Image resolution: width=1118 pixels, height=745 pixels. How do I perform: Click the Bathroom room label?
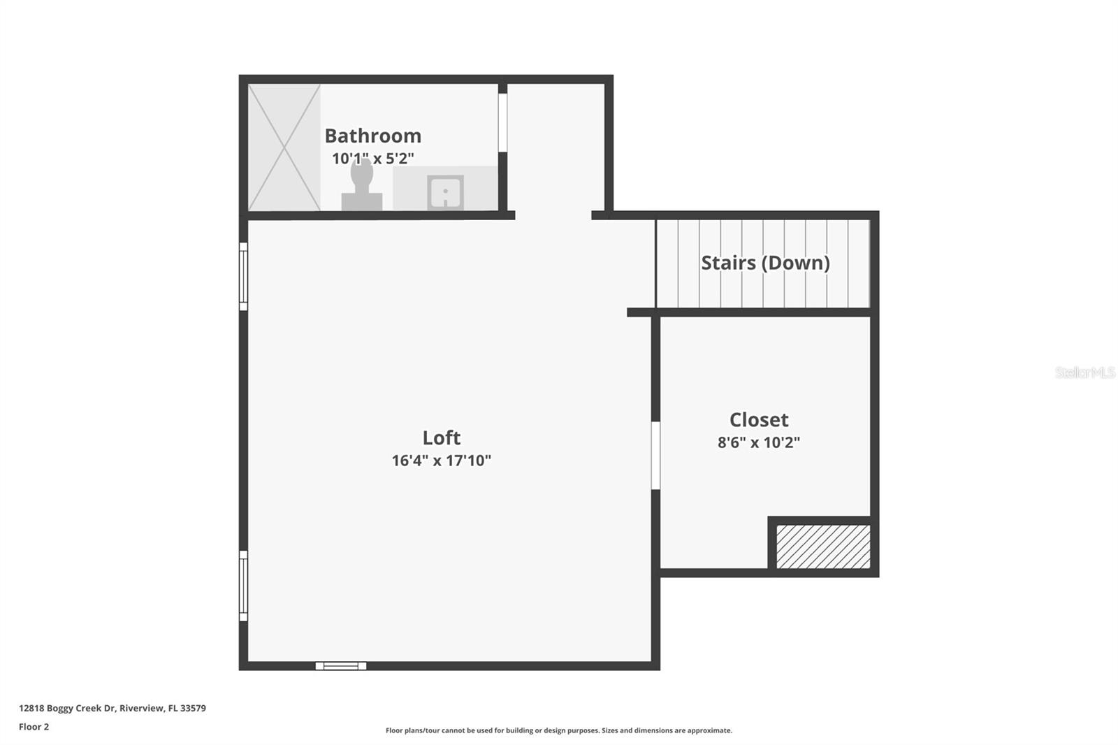click(372, 136)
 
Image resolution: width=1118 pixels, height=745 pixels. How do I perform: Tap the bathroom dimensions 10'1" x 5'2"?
click(372, 159)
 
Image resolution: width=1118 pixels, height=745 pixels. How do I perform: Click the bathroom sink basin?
click(445, 192)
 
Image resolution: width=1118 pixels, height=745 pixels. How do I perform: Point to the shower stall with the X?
click(284, 147)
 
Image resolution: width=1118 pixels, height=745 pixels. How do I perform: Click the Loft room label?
click(441, 437)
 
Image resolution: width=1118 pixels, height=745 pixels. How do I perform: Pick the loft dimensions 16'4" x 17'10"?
click(441, 461)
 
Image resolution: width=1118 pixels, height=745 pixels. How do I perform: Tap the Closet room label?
click(759, 419)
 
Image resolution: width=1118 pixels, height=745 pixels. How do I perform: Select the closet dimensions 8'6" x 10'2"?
click(759, 442)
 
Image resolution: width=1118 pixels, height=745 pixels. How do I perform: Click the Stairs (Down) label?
click(765, 263)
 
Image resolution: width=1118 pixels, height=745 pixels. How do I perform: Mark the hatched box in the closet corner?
click(823, 547)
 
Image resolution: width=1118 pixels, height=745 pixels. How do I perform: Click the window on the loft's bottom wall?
click(341, 666)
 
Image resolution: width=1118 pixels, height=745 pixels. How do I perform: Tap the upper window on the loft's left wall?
click(243, 276)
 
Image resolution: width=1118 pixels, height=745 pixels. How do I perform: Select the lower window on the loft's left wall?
click(243, 586)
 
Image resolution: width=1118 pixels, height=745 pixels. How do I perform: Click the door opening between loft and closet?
click(655, 455)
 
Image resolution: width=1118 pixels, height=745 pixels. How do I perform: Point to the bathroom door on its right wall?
click(502, 122)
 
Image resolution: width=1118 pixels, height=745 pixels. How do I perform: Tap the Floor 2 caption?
click(34, 727)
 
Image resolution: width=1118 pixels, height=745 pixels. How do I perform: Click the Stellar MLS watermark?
click(1084, 372)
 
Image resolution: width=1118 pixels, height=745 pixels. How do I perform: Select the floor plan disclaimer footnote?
click(559, 730)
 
